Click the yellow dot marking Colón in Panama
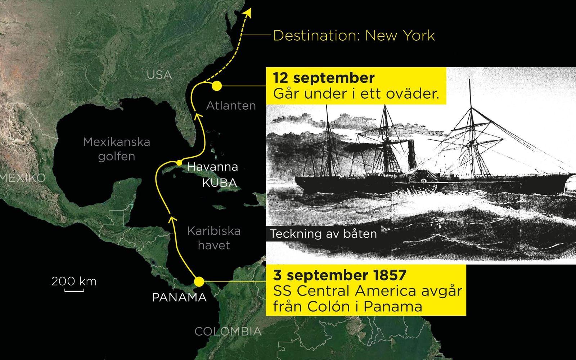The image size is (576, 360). click(198, 282)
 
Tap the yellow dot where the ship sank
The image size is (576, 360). click(217, 86)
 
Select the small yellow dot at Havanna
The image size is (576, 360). click(179, 162)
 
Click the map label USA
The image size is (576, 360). click(159, 75)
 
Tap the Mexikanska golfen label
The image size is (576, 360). click(116, 149)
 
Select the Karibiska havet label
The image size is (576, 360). click(214, 238)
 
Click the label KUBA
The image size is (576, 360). click(219, 183)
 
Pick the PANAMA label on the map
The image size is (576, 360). click(179, 297)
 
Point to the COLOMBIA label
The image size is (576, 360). click(228, 332)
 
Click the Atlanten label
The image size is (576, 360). click(231, 105)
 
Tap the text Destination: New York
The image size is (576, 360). click(354, 36)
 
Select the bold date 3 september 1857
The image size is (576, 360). click(340, 275)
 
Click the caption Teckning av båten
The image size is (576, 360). click(323, 234)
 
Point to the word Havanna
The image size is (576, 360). click(213, 167)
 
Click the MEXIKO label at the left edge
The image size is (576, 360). click(22, 178)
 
